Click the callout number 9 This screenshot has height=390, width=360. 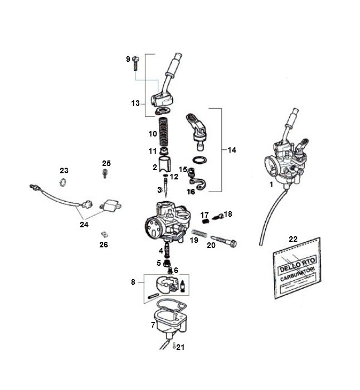click(128, 59)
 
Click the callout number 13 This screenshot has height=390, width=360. click(135, 103)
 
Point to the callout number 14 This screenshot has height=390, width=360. click(232, 150)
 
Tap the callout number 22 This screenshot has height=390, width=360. click(293, 239)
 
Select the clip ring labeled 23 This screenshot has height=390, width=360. click(64, 182)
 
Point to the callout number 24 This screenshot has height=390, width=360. click(84, 225)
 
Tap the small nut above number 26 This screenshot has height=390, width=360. click(104, 234)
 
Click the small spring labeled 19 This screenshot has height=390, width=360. click(199, 232)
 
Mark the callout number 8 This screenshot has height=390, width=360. click(133, 282)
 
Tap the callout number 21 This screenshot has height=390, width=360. click(181, 347)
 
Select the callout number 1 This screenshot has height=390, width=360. click(271, 184)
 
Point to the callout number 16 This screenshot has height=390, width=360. click(191, 192)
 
